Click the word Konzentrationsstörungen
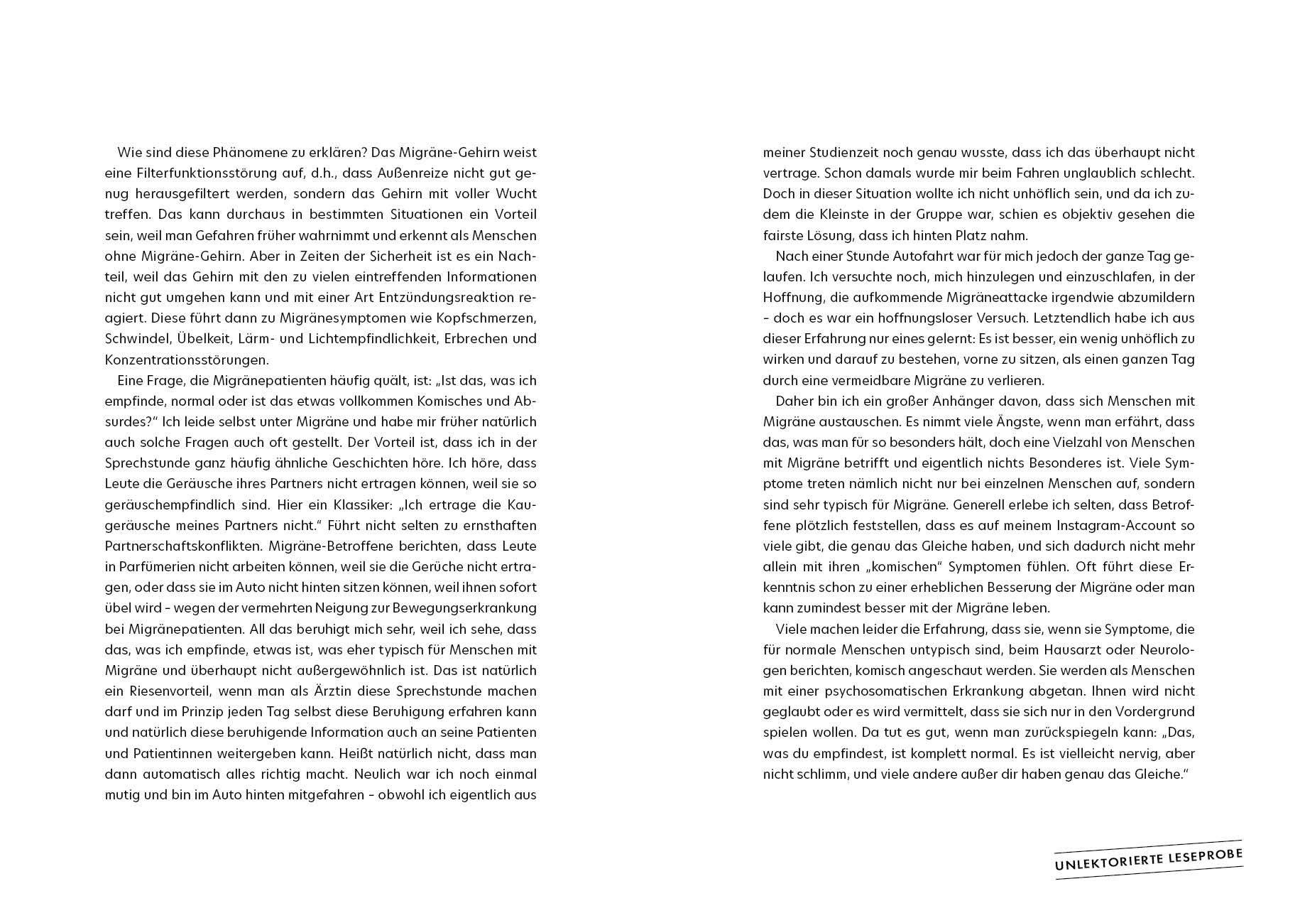point(187,359)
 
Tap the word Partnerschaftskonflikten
point(177,546)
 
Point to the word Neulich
point(377,774)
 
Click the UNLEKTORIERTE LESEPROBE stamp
point(1148,858)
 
